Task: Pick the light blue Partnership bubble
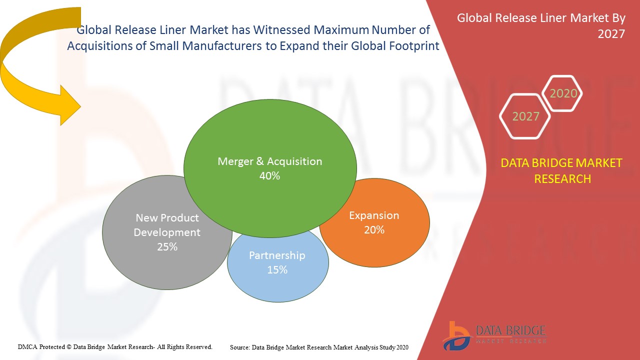point(278,280)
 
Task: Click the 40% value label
point(269,176)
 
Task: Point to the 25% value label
point(167,246)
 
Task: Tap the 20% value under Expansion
point(374,230)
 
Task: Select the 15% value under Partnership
point(277,270)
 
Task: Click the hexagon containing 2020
point(563,93)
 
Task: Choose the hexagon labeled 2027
point(525,116)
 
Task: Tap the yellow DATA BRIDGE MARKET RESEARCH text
point(562,170)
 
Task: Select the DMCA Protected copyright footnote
point(115,346)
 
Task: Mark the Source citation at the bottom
point(319,347)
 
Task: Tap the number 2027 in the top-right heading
point(611,34)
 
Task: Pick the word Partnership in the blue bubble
point(277,255)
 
